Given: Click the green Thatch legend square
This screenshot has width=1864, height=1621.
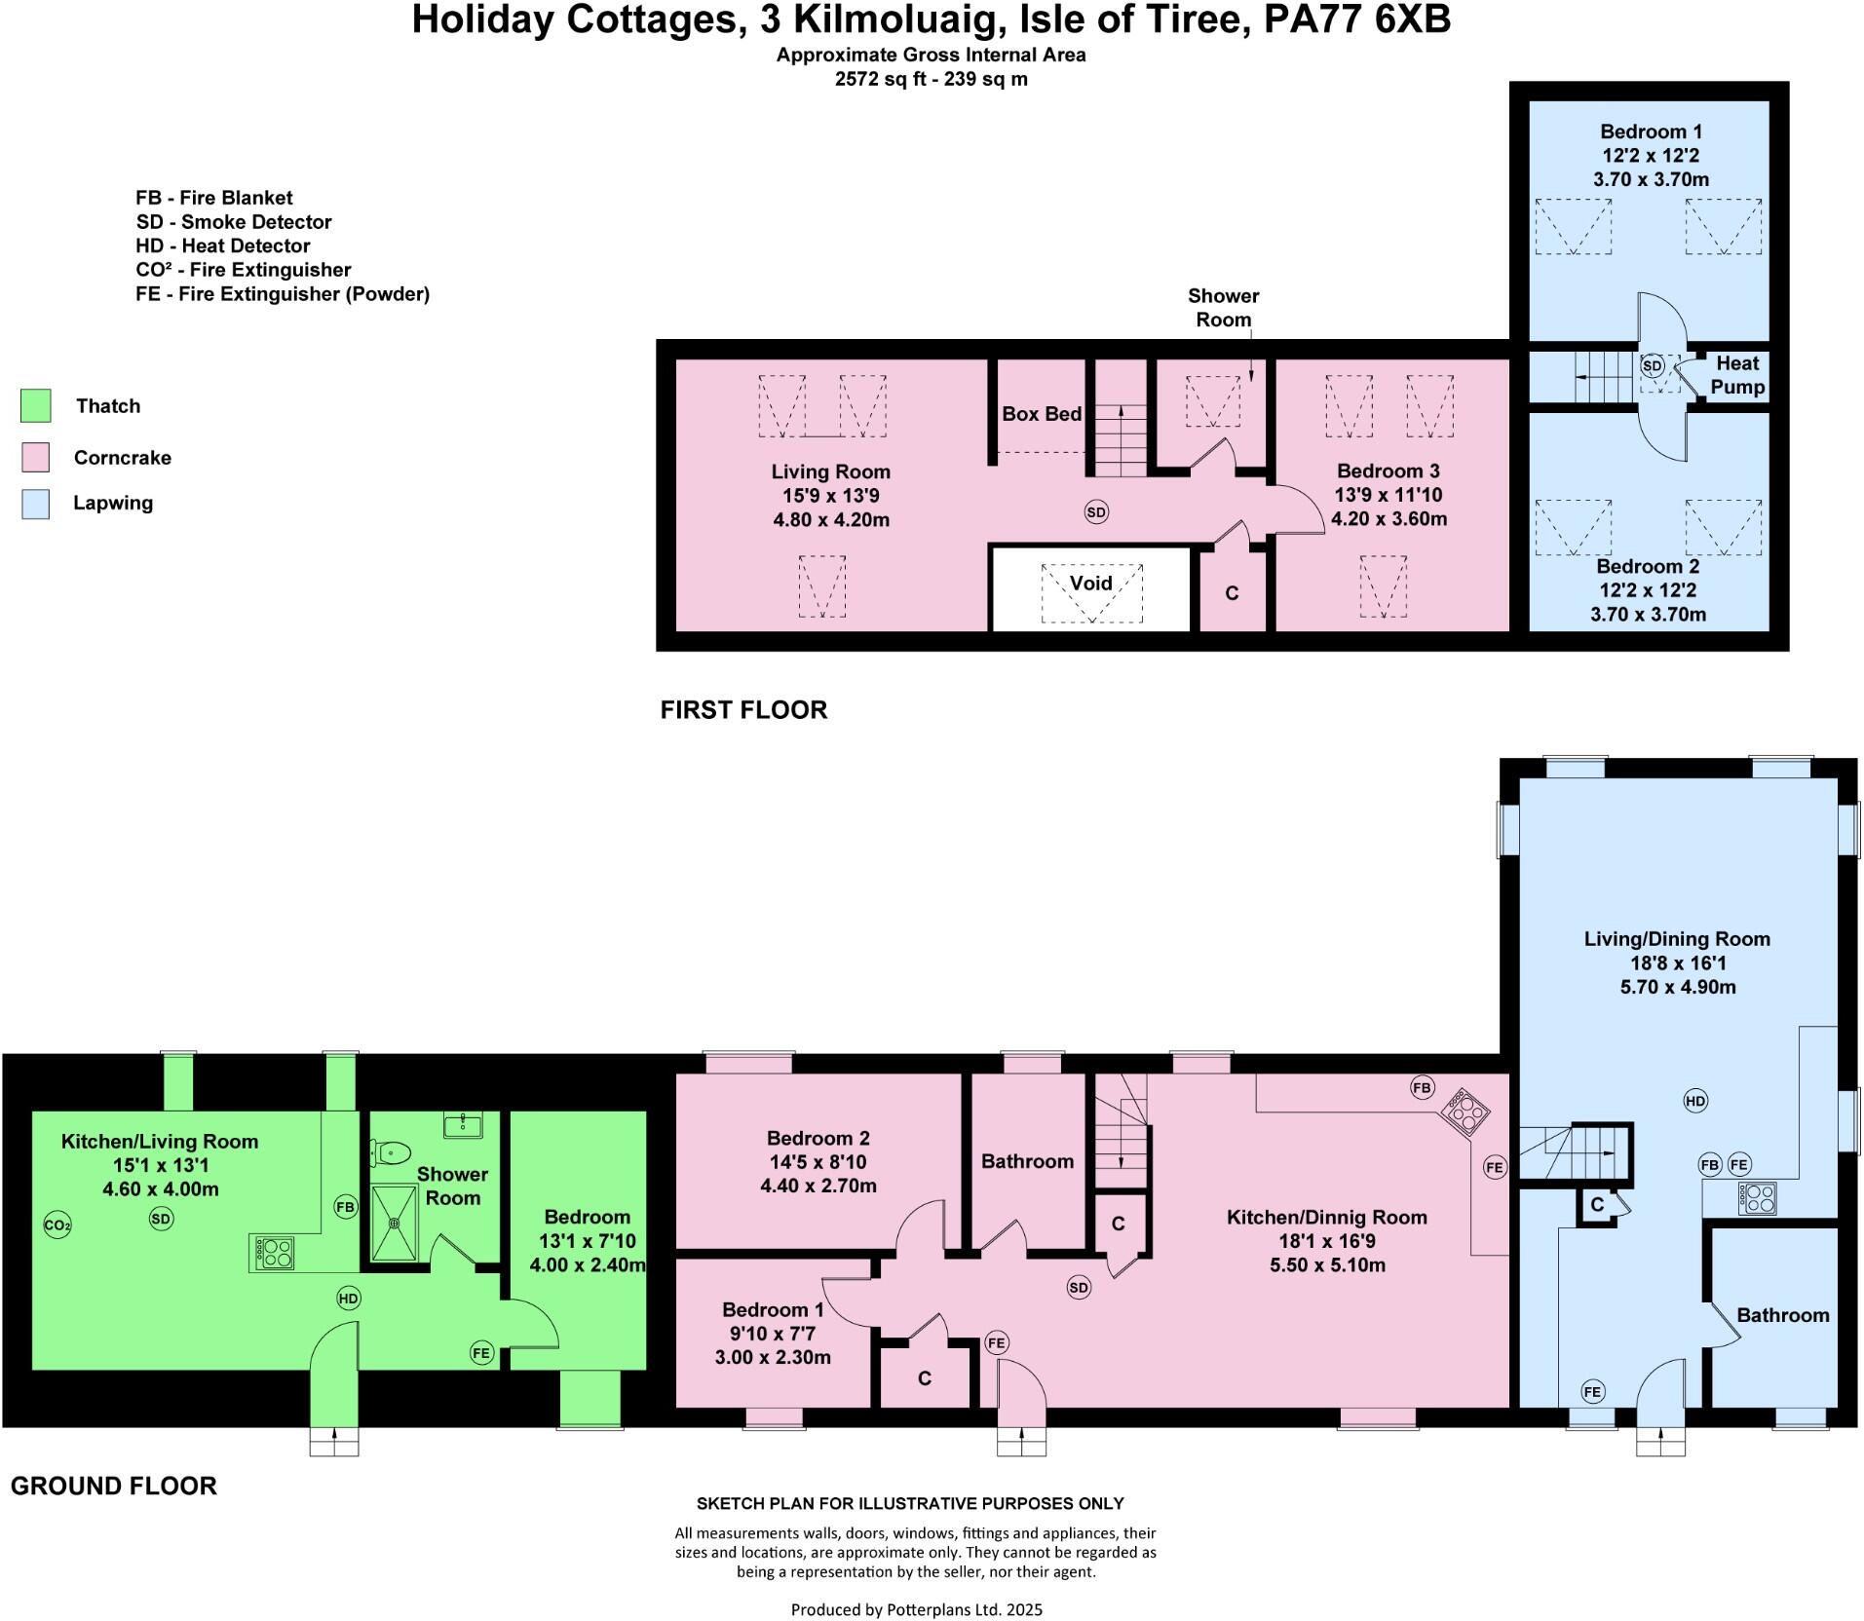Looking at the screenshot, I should pos(36,405).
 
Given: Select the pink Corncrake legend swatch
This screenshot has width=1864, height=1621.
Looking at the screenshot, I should pos(36,457).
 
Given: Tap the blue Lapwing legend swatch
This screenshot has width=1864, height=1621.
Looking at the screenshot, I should pos(36,504).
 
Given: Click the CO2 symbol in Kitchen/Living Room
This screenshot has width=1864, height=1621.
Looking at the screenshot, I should pos(57,1225).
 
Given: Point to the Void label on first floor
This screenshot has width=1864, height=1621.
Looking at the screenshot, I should pos(1090,583).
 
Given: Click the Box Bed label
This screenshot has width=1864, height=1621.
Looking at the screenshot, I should pos(1042,414).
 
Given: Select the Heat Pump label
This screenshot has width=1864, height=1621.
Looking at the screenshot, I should pos(1737,375).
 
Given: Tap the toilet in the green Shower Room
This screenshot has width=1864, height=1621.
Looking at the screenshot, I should pos(390,1153).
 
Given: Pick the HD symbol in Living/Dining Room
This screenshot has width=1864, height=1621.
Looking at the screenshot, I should pos(1695,1101).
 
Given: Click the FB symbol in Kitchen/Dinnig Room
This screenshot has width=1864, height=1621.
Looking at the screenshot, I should pos(1423,1087).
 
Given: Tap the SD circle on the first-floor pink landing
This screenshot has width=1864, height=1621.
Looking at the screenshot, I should pos(1096,511).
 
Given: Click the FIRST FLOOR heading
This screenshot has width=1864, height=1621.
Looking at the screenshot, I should pos(743,710).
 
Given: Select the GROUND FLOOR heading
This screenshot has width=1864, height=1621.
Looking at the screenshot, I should pos(114,1486).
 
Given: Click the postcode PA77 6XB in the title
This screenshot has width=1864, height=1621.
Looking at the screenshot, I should pos(1357,20).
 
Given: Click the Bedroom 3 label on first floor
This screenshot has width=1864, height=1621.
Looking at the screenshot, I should pos(1388,471).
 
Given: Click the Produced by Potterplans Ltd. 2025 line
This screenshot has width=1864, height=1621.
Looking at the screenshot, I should pos(916,1609).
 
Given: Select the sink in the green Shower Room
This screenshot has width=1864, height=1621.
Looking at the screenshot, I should pos(462,1125).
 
